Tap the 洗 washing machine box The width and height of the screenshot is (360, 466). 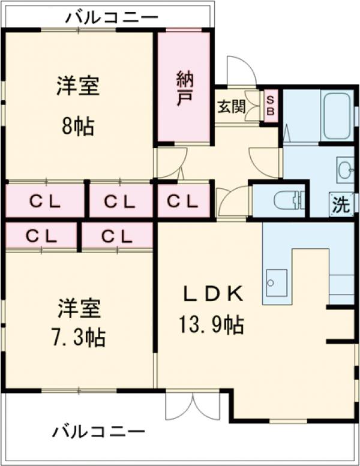[341, 205]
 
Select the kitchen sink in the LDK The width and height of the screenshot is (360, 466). [276, 280]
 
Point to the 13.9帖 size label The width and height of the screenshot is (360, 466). [211, 326]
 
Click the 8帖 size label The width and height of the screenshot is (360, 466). [78, 126]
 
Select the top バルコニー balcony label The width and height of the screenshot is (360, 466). [112, 17]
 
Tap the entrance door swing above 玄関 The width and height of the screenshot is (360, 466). [241, 71]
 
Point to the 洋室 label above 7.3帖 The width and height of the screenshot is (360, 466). [78, 308]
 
